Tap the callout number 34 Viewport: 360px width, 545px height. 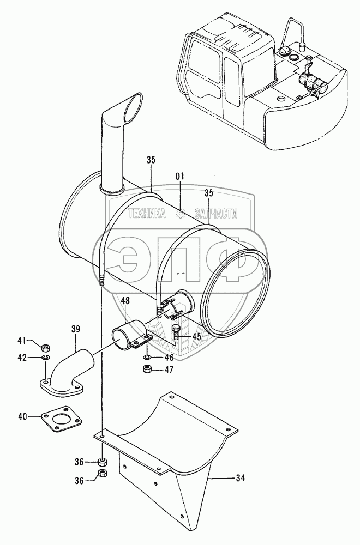click(x=241, y=479)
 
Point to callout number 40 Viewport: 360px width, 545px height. click(x=22, y=417)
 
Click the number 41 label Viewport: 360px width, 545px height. click(x=22, y=341)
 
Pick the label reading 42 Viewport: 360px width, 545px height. click(x=22, y=358)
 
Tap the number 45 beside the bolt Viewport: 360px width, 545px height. click(x=196, y=337)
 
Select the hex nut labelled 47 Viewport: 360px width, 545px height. click(x=147, y=370)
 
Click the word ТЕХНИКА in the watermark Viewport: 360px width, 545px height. click(x=147, y=215)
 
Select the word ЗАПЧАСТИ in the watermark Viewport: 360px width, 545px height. click(x=216, y=215)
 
